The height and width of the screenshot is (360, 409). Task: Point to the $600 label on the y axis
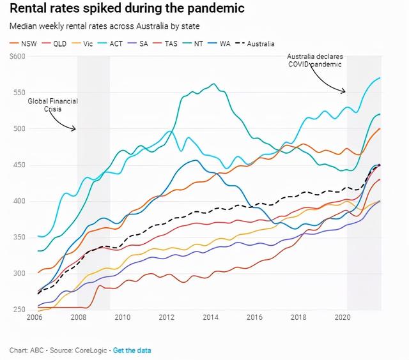click(x=17, y=56)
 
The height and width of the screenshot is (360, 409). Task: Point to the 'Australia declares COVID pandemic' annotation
click(x=314, y=60)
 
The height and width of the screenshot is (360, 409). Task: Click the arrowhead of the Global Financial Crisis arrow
click(x=75, y=129)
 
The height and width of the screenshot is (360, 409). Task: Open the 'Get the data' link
click(x=132, y=350)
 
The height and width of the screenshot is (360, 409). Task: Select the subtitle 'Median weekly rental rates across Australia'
click(x=104, y=27)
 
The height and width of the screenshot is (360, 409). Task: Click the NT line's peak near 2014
click(x=213, y=84)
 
